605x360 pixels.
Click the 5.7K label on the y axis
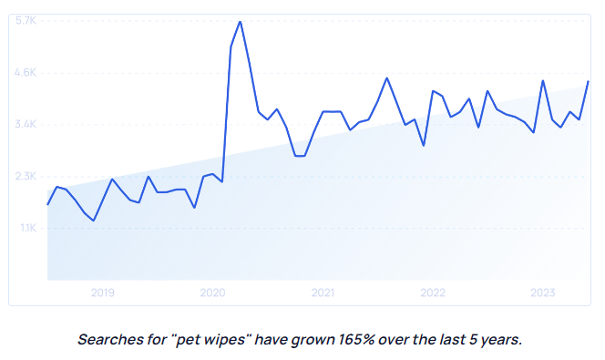pos(25,21)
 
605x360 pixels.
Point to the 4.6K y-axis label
pos(25,72)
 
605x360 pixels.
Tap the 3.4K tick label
pos(25,124)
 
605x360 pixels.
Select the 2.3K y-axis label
pos(25,176)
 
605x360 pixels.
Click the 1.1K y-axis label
pos(25,228)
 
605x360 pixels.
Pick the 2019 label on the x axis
pos(103,293)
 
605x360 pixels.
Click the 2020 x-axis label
pos(212,293)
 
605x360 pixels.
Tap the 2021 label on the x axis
pos(323,293)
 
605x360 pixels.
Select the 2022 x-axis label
pos(433,293)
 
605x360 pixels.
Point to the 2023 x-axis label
pos(543,293)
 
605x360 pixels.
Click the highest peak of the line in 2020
pos(240,22)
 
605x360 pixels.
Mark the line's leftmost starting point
pos(47,204)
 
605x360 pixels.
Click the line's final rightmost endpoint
pos(589,81)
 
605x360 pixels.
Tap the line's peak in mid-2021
pos(386,78)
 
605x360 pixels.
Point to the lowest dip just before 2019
pos(94,221)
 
